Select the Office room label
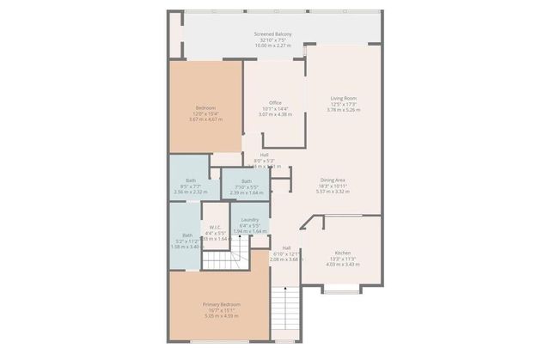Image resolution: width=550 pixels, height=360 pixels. tap(275, 103)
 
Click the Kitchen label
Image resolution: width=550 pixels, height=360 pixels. tap(343, 253)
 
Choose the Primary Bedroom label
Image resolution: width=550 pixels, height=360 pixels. tap(221, 305)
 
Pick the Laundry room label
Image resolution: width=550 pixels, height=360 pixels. tap(250, 220)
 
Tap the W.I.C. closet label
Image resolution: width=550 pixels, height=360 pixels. tap(215, 227)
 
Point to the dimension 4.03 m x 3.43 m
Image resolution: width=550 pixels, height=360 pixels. tap(343, 264)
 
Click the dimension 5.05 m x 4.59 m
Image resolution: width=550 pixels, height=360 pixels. tap(221, 316)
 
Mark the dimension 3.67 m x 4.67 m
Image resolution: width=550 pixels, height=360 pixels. tap(205, 119)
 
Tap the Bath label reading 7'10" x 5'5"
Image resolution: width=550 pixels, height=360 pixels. tap(247, 181)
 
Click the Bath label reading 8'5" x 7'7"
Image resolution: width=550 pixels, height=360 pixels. tap(191, 180)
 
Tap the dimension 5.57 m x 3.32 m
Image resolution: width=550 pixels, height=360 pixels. tap(335, 192)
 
